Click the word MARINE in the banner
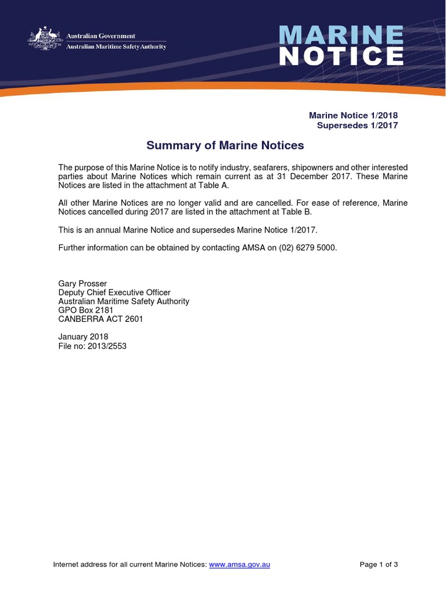coord(341,35)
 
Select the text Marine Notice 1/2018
coord(353,116)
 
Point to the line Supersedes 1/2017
coord(357,126)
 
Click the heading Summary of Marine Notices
coord(225,145)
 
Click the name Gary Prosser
coord(82,284)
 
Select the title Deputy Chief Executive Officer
coord(114,293)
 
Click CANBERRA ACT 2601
coord(100,319)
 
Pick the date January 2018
coord(83,337)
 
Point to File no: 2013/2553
coord(92,346)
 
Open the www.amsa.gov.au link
coord(239,564)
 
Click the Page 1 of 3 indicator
coord(379,564)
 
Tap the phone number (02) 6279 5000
coord(307,248)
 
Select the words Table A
coord(213,185)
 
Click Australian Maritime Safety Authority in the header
coord(116,46)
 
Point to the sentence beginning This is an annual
coord(188,230)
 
